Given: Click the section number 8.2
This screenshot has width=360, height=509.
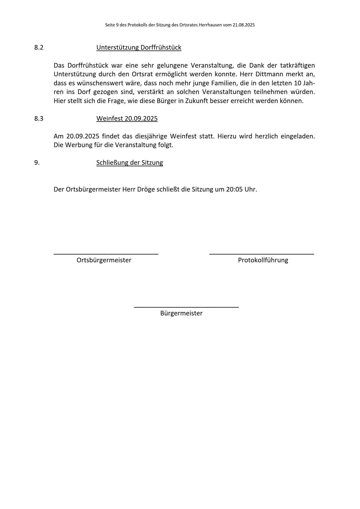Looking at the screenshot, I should point(39,48).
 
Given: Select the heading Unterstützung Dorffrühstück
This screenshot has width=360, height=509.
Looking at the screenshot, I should point(139,48).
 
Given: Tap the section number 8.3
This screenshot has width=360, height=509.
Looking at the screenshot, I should point(39,118).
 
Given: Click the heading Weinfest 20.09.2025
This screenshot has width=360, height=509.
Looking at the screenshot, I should point(127,118).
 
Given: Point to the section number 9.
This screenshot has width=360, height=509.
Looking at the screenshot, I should point(37,163).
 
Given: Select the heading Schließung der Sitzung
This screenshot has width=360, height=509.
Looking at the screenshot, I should point(129,163).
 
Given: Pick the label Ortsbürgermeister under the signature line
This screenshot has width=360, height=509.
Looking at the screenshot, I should point(104,260).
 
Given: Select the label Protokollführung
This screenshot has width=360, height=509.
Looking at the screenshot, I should point(263,260).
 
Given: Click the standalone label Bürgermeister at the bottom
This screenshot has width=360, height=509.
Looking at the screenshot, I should point(181,313).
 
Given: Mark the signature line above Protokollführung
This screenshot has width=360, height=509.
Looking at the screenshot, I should point(262,254).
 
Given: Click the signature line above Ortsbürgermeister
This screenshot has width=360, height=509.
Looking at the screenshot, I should point(106,254).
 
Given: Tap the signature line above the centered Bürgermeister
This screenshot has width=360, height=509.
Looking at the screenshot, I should point(186,307).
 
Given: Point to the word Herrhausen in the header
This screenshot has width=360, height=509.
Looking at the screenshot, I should point(210,25).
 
